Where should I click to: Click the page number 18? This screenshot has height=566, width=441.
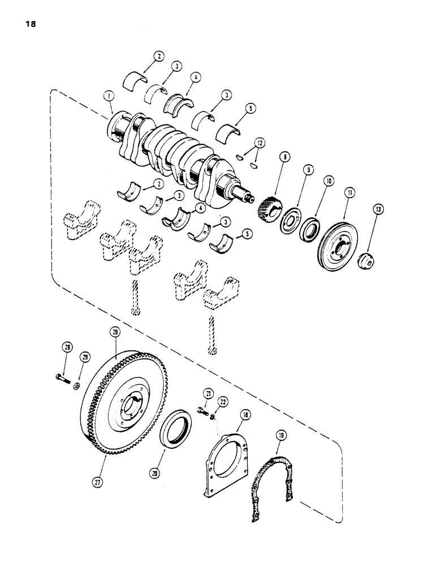(30, 24)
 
